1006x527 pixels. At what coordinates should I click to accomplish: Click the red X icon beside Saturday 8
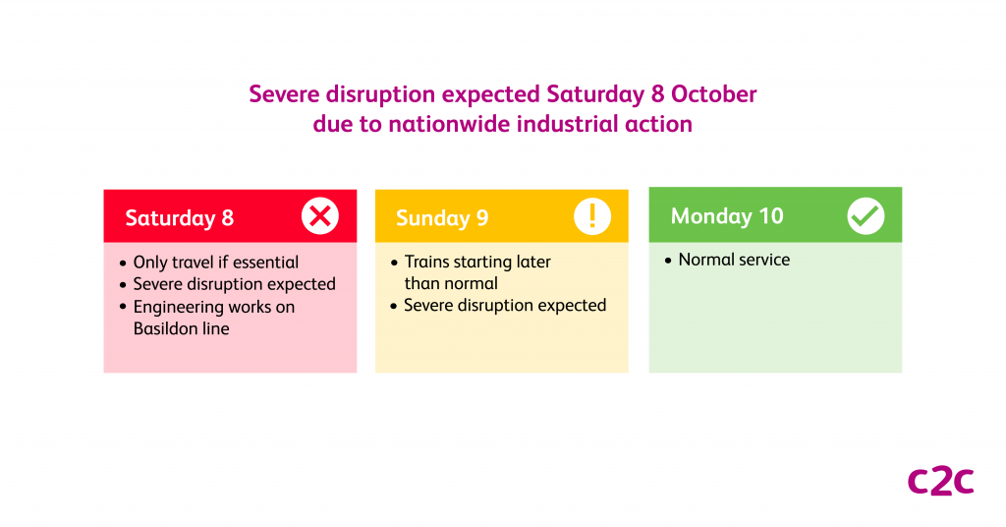pyautogui.click(x=319, y=216)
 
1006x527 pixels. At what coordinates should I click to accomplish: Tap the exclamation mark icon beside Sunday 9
pyautogui.click(x=592, y=216)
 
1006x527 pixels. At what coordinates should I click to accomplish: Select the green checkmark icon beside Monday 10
pyautogui.click(x=866, y=216)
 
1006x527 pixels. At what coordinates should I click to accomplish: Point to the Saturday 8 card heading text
pyautogui.click(x=180, y=218)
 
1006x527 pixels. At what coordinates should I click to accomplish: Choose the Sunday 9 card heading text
pyautogui.click(x=442, y=218)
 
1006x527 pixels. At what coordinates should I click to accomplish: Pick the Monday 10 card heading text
pyautogui.click(x=727, y=216)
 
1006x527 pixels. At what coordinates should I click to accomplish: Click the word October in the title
pyautogui.click(x=716, y=95)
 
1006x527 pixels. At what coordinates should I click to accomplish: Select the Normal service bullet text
pyautogui.click(x=734, y=261)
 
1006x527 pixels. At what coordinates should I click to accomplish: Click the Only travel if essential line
pyautogui.click(x=216, y=263)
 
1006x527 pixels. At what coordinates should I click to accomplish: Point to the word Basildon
pyautogui.click(x=165, y=328)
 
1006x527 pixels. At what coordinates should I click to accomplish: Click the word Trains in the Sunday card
pyautogui.click(x=429, y=263)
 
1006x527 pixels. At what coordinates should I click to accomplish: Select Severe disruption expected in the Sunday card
pyautogui.click(x=505, y=306)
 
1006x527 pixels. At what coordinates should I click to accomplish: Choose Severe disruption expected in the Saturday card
pyautogui.click(x=235, y=284)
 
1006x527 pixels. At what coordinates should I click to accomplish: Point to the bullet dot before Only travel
pyautogui.click(x=123, y=263)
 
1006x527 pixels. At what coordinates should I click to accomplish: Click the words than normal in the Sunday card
pyautogui.click(x=451, y=283)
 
